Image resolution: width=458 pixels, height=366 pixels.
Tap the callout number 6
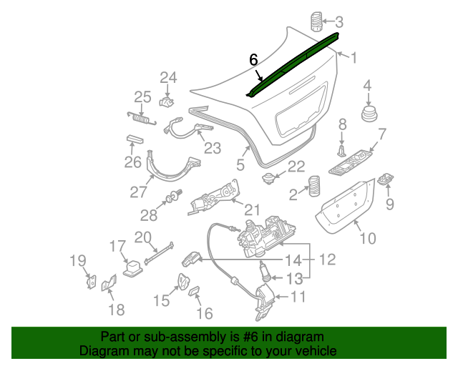(x=253, y=60)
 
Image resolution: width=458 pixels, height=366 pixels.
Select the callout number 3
(x=339, y=21)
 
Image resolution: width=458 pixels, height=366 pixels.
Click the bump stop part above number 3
(x=316, y=21)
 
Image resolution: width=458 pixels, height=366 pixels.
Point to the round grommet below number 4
(x=369, y=116)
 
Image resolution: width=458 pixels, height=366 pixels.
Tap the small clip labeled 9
(x=387, y=179)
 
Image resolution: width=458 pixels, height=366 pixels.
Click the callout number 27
(x=137, y=192)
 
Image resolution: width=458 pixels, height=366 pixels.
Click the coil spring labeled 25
(x=140, y=116)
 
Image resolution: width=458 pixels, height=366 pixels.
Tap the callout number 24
(x=167, y=77)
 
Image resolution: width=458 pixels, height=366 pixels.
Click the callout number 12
(x=326, y=260)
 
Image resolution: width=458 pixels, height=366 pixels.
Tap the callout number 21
(x=252, y=209)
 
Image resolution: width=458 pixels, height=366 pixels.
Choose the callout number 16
(x=204, y=313)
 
